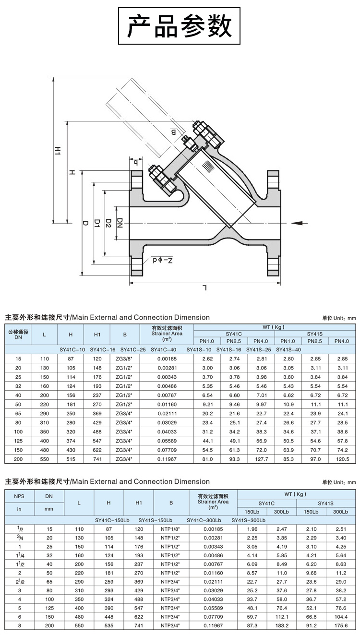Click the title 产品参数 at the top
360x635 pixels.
coord(180,26)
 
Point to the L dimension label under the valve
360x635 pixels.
coord(205,288)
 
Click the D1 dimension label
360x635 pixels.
coord(96,223)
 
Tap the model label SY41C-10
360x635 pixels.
coord(72,349)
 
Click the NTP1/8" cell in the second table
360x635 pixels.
coord(170,528)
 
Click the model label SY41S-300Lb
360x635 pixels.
coord(249,520)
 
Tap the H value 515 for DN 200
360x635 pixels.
coord(71,459)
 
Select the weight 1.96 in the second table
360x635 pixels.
coord(252,528)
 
